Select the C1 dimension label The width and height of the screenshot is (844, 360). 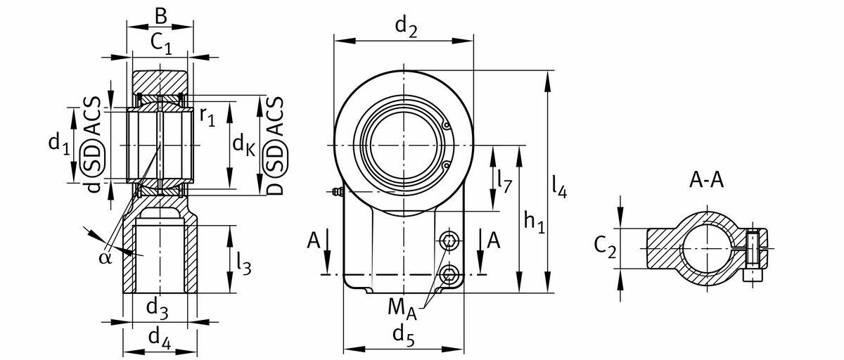(x=162, y=44)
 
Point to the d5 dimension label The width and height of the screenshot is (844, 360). (x=403, y=334)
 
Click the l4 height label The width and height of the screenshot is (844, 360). (x=559, y=185)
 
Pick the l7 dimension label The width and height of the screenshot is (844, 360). (x=503, y=181)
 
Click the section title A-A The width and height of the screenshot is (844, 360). (x=705, y=180)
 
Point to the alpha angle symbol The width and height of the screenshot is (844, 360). (x=105, y=257)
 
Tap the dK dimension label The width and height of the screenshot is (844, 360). (x=243, y=145)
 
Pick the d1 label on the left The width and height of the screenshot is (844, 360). (x=59, y=144)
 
